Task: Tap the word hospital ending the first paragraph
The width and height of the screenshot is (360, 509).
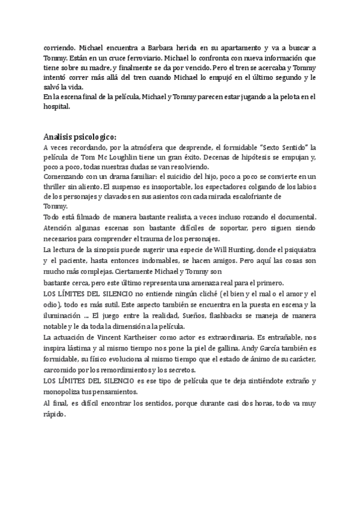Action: pos(58,108)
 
